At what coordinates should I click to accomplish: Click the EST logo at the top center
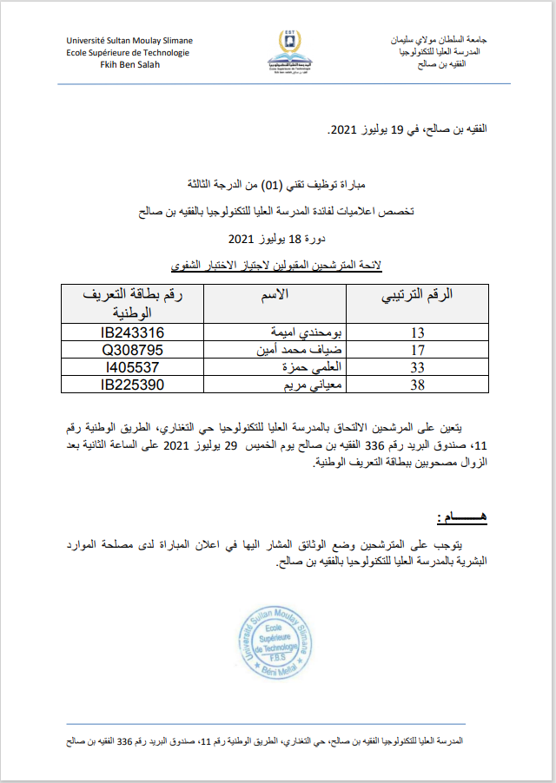[286, 51]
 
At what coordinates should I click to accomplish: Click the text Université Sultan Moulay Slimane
[129, 41]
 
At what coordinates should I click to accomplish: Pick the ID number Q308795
[132, 351]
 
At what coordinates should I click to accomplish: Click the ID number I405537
[132, 367]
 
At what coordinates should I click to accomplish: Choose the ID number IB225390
[132, 384]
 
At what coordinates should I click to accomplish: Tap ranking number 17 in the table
[417, 351]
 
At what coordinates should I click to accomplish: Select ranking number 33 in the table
[417, 367]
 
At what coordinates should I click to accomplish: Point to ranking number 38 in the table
[417, 384]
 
